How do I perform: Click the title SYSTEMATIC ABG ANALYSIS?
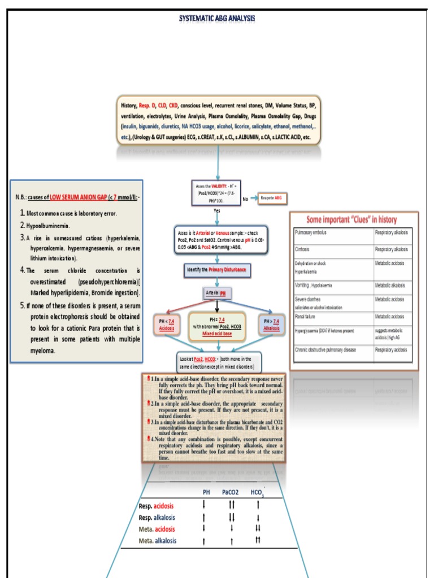(x=217, y=18)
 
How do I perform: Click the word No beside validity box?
(x=245, y=199)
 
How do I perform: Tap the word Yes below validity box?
(x=217, y=211)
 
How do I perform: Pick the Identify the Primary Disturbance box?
(x=216, y=270)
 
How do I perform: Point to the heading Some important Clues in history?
(x=351, y=220)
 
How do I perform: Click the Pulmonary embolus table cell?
(x=333, y=233)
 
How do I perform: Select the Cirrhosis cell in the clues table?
(x=333, y=248)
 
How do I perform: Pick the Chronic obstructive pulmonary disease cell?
(x=333, y=350)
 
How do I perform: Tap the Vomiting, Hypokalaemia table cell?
(x=333, y=286)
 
